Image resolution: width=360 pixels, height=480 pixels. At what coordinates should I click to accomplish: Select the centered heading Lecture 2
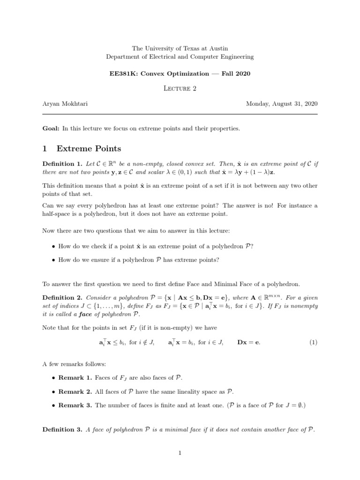180,90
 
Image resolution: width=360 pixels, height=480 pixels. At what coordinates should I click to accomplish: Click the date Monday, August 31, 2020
282,104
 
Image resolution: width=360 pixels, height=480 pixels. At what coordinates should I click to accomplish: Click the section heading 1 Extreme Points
82,149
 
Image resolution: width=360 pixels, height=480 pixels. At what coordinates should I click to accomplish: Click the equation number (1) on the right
313,342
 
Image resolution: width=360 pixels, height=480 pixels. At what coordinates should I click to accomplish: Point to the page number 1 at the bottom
180,453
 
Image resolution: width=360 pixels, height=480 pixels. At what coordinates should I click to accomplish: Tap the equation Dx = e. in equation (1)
249,342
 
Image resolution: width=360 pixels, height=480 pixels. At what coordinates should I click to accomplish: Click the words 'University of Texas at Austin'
187,48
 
